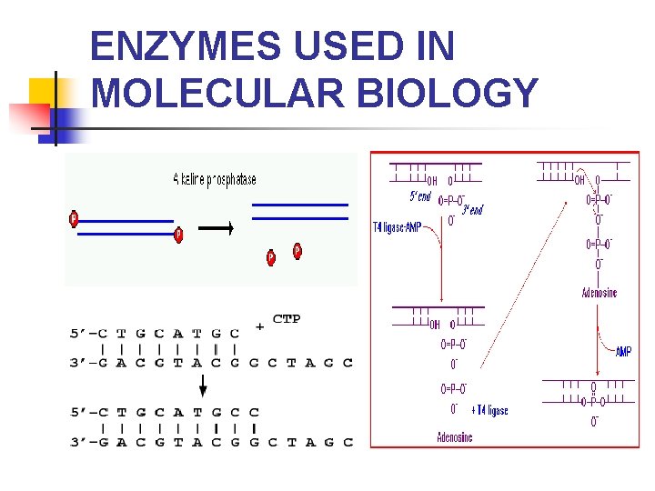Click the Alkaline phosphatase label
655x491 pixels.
click(x=215, y=179)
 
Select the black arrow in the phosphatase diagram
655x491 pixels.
click(x=217, y=228)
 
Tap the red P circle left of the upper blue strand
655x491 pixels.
click(x=74, y=218)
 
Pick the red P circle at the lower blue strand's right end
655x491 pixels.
click(x=178, y=235)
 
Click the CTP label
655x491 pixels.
click(x=287, y=319)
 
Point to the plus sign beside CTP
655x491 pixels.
click(x=260, y=326)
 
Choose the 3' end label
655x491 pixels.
click(x=472, y=210)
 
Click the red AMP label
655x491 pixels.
click(x=623, y=351)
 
